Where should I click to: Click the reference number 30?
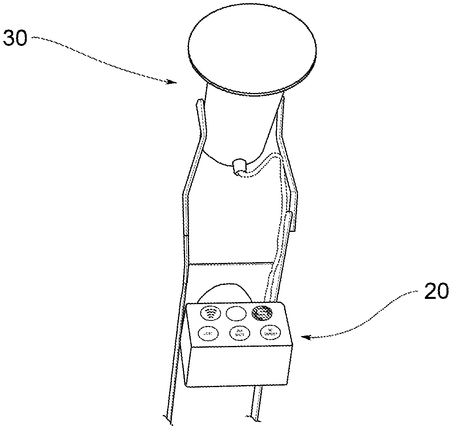coord(15,39)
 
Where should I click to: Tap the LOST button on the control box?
coord(207,333)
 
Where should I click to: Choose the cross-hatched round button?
coord(262,312)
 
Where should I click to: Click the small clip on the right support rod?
coord(293,212)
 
